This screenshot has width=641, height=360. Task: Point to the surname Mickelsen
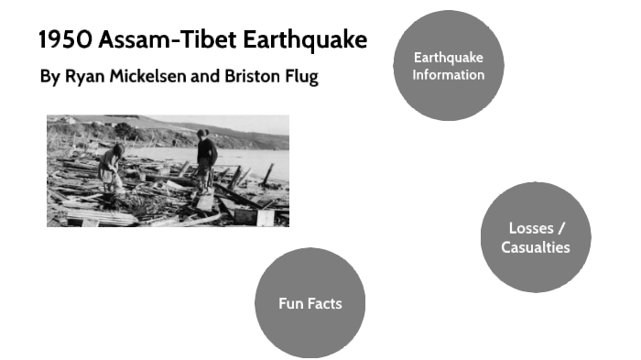coord(148,76)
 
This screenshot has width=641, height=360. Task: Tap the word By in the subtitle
coord(49,76)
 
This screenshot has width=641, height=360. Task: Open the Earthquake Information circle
coord(448,66)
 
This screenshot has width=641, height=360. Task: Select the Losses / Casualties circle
coord(535,237)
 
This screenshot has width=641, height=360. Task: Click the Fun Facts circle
coord(310,303)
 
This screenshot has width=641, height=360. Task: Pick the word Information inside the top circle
coord(448,74)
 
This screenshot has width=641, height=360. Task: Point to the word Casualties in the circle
coord(535,247)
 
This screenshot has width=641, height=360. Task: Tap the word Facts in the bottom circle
coord(327,303)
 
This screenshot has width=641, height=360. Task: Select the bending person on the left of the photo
coord(111,169)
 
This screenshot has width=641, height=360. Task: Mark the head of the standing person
coord(202,134)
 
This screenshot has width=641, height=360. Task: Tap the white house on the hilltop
coord(66,120)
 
